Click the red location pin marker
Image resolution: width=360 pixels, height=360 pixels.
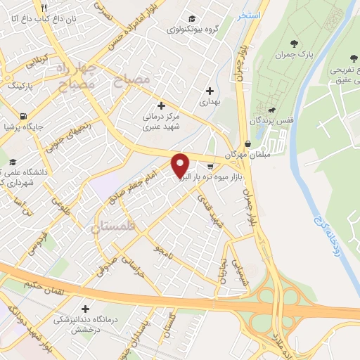tap(181, 165)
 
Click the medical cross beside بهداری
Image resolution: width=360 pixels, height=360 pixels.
tap(210, 90)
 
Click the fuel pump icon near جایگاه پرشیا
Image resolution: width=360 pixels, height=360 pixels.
tap(25, 116)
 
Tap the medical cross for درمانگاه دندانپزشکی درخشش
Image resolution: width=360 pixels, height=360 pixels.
tap(86, 308)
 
